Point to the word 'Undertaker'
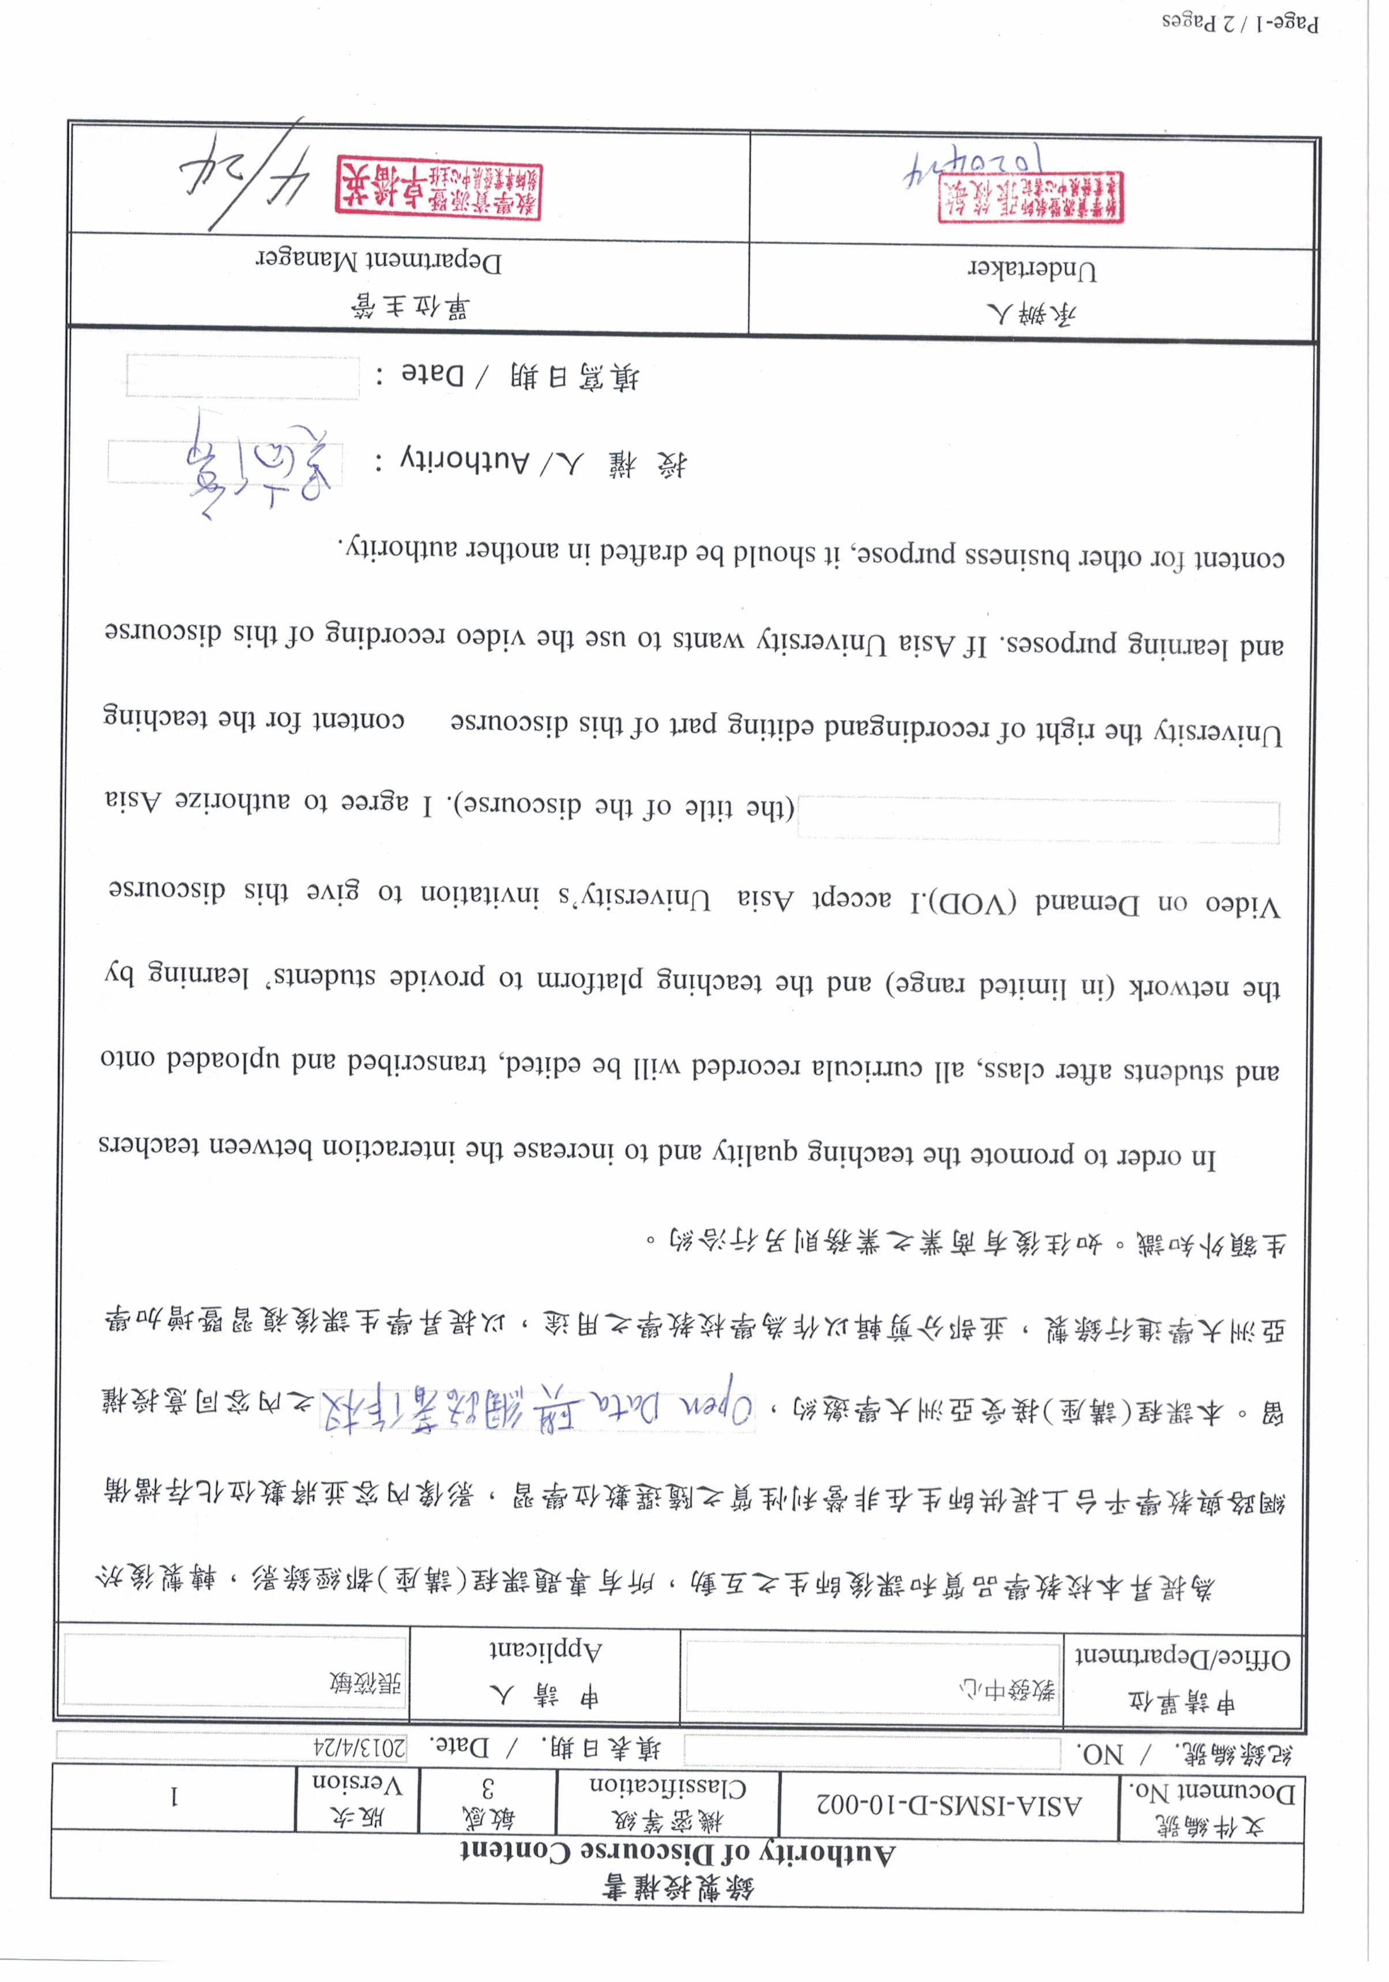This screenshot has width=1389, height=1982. pyautogui.click(x=1032, y=271)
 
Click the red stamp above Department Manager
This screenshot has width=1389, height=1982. pyautogui.click(x=439, y=188)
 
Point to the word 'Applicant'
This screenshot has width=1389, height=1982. pyautogui.click(x=545, y=1650)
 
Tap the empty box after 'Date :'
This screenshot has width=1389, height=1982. pyautogui.click(x=243, y=377)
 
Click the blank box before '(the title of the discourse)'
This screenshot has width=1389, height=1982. pyautogui.click(x=1038, y=819)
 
